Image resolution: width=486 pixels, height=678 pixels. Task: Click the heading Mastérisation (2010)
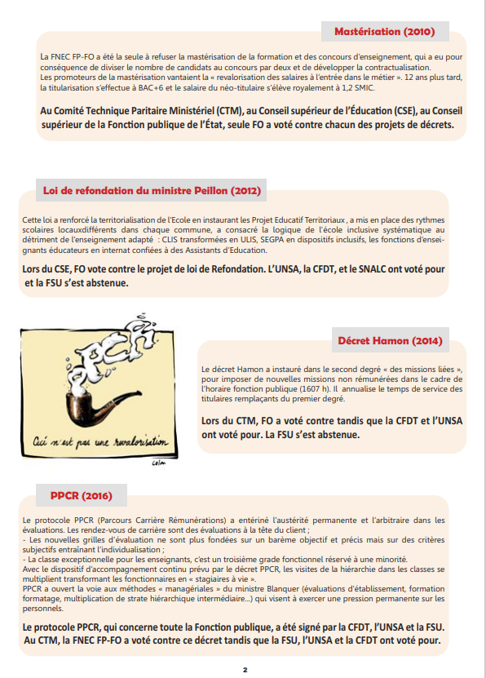(385, 32)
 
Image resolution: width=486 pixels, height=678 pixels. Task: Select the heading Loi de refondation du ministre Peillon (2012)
(152, 191)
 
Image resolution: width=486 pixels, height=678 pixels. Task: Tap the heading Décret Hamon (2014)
(390, 341)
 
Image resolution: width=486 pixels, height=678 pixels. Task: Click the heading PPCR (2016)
(82, 495)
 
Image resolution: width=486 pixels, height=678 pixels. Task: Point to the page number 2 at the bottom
(245, 670)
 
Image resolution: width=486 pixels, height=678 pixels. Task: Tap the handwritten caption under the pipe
(100, 441)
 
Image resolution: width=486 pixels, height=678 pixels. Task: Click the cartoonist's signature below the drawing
(158, 463)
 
